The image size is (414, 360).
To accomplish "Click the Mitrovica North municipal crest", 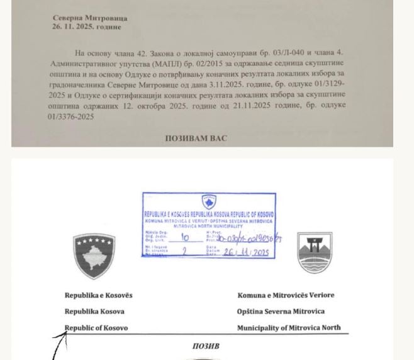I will pyautogui.click(x=314, y=252).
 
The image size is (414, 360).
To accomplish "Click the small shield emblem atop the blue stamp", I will pyautogui.click(x=209, y=201).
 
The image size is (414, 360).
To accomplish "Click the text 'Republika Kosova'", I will pyautogui.click(x=94, y=312).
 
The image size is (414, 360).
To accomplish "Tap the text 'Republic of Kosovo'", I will pyautogui.click(x=96, y=328).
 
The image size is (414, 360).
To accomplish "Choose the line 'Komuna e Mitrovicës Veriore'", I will pyautogui.click(x=286, y=295).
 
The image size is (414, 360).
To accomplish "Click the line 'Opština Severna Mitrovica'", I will pyautogui.click(x=281, y=312).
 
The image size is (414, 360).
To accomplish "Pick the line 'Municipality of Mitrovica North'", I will pyautogui.click(x=289, y=328).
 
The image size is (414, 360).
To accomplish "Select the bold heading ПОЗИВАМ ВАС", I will pyautogui.click(x=196, y=138).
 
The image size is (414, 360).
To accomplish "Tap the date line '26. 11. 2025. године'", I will pyautogui.click(x=87, y=27).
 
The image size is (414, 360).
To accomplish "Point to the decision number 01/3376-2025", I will pyautogui.click(x=70, y=116).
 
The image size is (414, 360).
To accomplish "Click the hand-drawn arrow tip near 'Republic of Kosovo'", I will pyautogui.click(x=64, y=335).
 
